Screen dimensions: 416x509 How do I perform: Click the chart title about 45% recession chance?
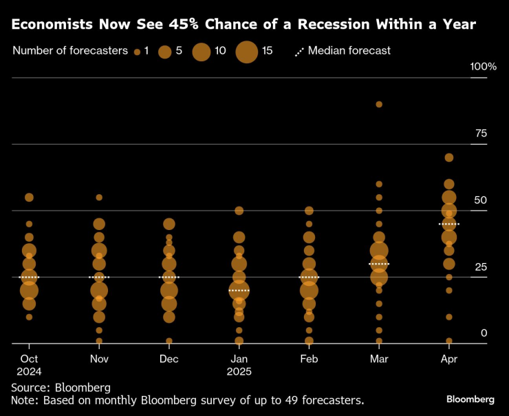(x=243, y=25)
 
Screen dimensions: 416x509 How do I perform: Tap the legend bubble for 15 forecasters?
(x=247, y=52)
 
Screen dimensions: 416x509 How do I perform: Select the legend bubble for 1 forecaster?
(x=137, y=52)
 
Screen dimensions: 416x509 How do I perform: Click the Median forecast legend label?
(x=349, y=50)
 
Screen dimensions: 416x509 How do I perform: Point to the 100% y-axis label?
(x=483, y=67)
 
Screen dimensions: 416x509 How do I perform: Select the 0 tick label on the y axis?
(x=484, y=333)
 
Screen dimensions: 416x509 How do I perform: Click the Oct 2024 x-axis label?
(x=29, y=365)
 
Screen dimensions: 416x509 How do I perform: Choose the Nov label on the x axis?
(x=99, y=359)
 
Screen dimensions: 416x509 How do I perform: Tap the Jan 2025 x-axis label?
(x=239, y=365)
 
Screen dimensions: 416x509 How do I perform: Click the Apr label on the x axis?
(x=448, y=359)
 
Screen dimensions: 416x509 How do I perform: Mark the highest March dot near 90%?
(x=379, y=105)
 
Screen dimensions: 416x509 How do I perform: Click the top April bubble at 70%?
(x=449, y=158)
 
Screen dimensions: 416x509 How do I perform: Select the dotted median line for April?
(x=449, y=225)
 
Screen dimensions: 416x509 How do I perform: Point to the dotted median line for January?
(x=239, y=291)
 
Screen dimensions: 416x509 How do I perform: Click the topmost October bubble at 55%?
(x=29, y=198)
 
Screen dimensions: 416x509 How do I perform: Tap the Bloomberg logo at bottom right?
(x=470, y=399)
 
